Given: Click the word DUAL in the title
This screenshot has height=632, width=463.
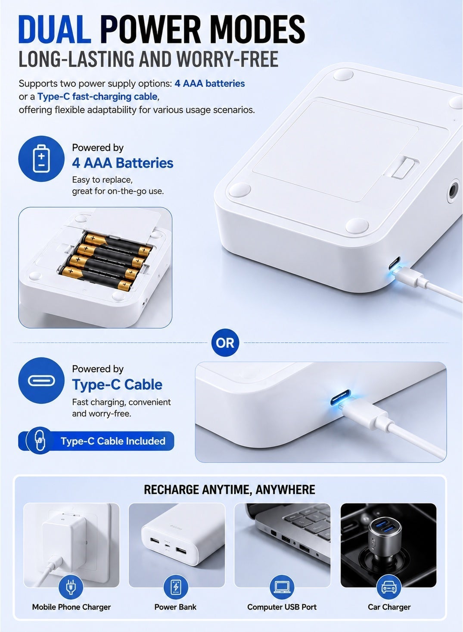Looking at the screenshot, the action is click(55, 29).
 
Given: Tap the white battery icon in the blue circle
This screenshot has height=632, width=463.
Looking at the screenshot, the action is click(41, 158).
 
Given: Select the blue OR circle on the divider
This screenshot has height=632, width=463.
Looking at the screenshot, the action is click(225, 343).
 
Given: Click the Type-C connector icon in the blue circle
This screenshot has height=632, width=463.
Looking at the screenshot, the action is click(41, 381).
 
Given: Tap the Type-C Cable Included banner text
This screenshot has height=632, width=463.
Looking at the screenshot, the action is click(113, 441).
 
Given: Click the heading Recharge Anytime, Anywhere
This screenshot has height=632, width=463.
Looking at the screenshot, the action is click(230, 489).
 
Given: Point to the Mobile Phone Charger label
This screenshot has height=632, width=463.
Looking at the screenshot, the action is click(71, 607).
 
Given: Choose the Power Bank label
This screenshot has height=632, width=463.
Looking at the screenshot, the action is click(175, 607).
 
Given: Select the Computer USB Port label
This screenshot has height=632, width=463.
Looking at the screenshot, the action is click(282, 607).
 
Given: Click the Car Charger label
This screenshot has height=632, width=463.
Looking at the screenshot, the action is click(389, 607).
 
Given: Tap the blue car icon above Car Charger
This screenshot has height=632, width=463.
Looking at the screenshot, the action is click(389, 587).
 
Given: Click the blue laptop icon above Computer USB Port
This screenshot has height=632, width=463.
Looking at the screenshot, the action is click(282, 587).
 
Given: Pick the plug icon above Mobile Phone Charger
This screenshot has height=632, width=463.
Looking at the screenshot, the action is click(71, 587).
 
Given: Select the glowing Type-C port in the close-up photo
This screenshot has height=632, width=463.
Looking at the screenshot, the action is click(341, 397).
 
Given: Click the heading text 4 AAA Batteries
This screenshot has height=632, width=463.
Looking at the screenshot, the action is click(123, 163).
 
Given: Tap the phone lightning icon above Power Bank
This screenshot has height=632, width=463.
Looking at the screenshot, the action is click(176, 587).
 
